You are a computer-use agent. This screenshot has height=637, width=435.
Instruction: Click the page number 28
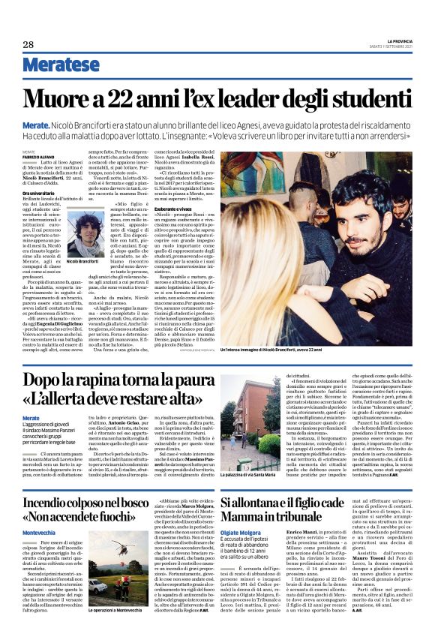[x=28, y=44]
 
